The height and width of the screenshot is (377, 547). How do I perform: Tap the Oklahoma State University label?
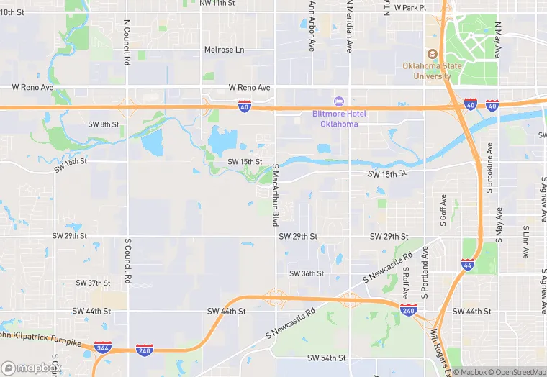tap(432, 71)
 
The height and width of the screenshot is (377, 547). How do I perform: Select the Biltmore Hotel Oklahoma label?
tap(339, 119)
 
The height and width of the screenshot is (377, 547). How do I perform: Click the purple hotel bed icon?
tap(339, 101)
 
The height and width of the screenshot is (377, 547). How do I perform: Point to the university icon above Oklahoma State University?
tap(432, 54)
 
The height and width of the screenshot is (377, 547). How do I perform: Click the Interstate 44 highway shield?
tap(468, 265)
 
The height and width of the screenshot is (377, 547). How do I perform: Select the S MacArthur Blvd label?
tap(275, 195)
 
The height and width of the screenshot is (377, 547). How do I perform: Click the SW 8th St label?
tap(104, 124)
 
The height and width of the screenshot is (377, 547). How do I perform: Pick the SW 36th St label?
tap(307, 273)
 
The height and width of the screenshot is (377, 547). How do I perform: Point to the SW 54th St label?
tap(327, 358)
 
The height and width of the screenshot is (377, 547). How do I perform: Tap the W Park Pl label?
tap(410, 8)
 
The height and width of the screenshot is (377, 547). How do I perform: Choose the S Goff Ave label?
tap(443, 209)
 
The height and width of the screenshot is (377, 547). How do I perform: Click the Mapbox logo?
tap(32, 368)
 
